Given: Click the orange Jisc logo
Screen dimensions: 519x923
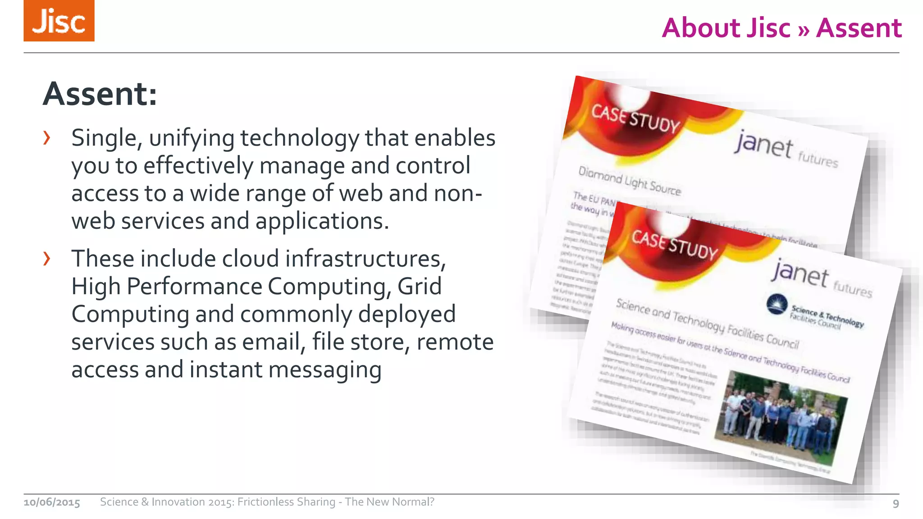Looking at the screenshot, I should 59,21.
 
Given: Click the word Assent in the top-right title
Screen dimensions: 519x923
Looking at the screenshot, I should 859,28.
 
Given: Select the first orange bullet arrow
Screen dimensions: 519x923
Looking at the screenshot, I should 46,138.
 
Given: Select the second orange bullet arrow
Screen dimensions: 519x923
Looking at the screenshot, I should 46,259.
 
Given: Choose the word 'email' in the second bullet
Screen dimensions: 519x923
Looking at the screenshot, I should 271,342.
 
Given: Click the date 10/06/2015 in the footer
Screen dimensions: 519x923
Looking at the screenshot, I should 52,502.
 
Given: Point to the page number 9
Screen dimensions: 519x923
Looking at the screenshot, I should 896,503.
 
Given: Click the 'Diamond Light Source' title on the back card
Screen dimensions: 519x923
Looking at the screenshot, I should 629,181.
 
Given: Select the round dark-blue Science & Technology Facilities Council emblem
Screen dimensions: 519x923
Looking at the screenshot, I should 777,305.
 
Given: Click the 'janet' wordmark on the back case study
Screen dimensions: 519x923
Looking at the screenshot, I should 763,144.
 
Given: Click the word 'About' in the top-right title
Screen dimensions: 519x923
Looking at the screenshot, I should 726,28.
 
